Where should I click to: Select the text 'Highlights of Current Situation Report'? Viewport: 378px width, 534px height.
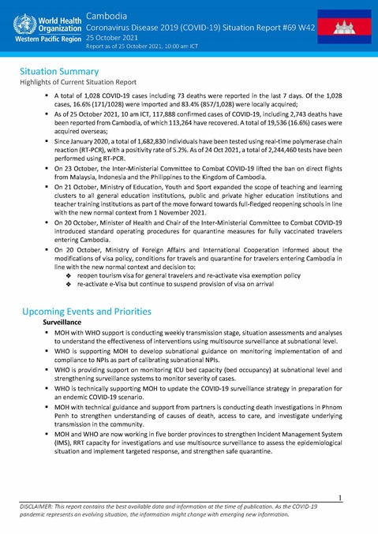click(78, 82)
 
